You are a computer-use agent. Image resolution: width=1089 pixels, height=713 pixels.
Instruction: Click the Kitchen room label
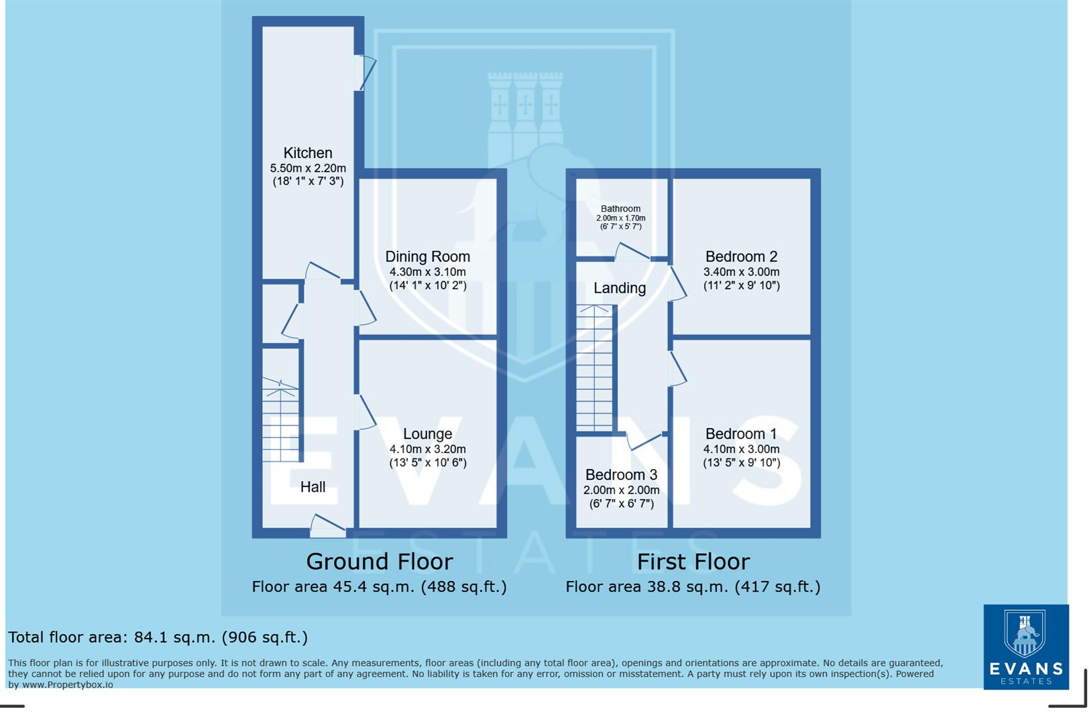(x=307, y=153)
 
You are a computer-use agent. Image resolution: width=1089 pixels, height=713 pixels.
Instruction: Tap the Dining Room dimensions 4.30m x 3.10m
(x=427, y=272)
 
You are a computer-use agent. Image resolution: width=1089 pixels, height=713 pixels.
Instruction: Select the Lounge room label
(x=427, y=434)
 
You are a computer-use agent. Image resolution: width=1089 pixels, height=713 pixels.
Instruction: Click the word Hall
(x=312, y=487)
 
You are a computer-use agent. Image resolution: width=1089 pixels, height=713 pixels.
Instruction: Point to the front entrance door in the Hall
(x=327, y=527)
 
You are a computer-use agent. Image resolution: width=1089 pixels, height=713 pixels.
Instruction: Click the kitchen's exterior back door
(x=365, y=72)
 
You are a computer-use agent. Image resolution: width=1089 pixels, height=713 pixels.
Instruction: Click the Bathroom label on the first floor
(x=620, y=208)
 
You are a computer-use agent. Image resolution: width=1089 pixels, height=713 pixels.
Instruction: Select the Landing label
(x=619, y=288)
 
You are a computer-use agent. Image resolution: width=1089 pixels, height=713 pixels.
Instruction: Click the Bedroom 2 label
(x=741, y=257)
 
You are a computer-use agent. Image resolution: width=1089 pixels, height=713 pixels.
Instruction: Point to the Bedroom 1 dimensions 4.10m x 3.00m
(x=741, y=450)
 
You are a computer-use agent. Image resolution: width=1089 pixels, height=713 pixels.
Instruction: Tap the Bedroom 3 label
(x=621, y=474)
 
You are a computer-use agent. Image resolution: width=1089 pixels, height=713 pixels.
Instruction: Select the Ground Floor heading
(x=379, y=561)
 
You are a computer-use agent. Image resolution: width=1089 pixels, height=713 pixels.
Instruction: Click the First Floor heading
(x=693, y=561)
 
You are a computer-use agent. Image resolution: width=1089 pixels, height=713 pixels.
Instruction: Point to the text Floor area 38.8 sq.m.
(x=693, y=587)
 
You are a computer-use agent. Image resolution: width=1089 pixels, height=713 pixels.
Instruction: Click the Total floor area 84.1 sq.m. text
(x=158, y=637)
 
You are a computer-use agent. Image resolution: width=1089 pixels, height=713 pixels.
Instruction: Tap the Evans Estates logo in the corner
(x=1025, y=647)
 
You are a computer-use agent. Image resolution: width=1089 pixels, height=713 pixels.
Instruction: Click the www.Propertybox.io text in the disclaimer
(x=67, y=685)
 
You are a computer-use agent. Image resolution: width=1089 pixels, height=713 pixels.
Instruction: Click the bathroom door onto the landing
(x=632, y=253)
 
